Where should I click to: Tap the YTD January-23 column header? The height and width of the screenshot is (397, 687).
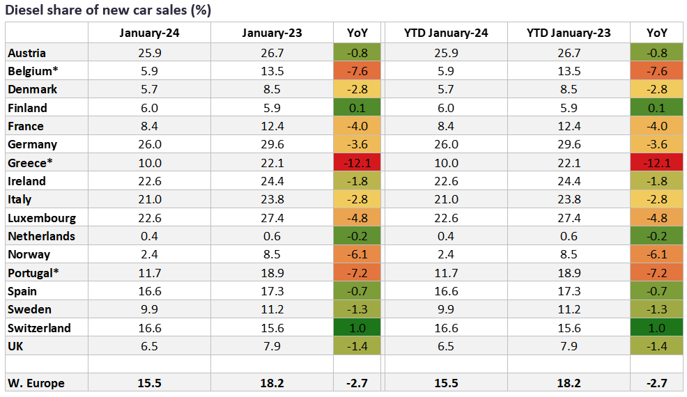(568, 33)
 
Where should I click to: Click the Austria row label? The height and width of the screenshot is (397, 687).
(26, 53)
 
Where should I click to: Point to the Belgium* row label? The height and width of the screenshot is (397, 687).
(31, 71)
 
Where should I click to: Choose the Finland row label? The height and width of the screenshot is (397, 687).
(27, 108)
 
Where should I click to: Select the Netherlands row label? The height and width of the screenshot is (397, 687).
(42, 236)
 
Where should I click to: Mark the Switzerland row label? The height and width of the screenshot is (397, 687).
(39, 328)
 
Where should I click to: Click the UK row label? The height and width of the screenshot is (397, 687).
(16, 346)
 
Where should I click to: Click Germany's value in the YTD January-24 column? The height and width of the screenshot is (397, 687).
(445, 144)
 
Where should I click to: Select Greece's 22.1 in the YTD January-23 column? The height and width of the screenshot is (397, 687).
(568, 162)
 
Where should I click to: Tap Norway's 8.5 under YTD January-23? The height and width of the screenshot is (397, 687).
(568, 254)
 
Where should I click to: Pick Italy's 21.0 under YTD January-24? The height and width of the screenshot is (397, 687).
(445, 199)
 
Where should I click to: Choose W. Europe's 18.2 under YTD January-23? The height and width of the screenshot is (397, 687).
(568, 383)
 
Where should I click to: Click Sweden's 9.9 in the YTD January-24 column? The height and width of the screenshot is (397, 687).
(445, 309)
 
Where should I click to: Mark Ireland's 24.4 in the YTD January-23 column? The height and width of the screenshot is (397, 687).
(568, 181)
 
